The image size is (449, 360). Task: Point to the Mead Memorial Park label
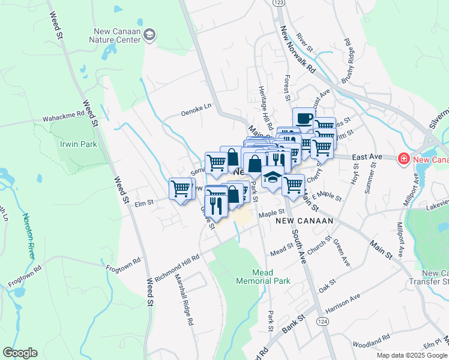coord(263,275)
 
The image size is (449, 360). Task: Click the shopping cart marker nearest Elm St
coord(180,189)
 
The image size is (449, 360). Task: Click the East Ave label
coord(367,157)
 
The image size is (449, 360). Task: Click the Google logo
coord(20,353)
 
